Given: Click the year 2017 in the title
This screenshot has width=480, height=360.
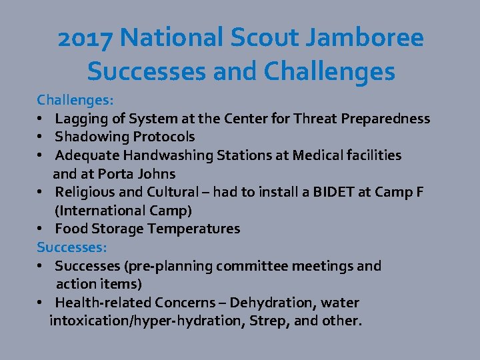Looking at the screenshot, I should tap(85, 39).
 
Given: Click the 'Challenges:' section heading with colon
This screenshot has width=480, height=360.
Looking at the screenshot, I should tap(75, 100).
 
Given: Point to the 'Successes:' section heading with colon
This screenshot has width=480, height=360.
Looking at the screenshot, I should tap(71, 247).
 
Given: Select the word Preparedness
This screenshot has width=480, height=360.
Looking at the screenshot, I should tap(385, 119).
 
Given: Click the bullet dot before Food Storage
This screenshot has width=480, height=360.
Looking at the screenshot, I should tap(41, 229).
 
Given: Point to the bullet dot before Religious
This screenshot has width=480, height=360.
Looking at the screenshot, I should tap(41, 193).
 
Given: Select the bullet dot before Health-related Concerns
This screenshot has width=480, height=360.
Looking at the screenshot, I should tap(41, 303).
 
